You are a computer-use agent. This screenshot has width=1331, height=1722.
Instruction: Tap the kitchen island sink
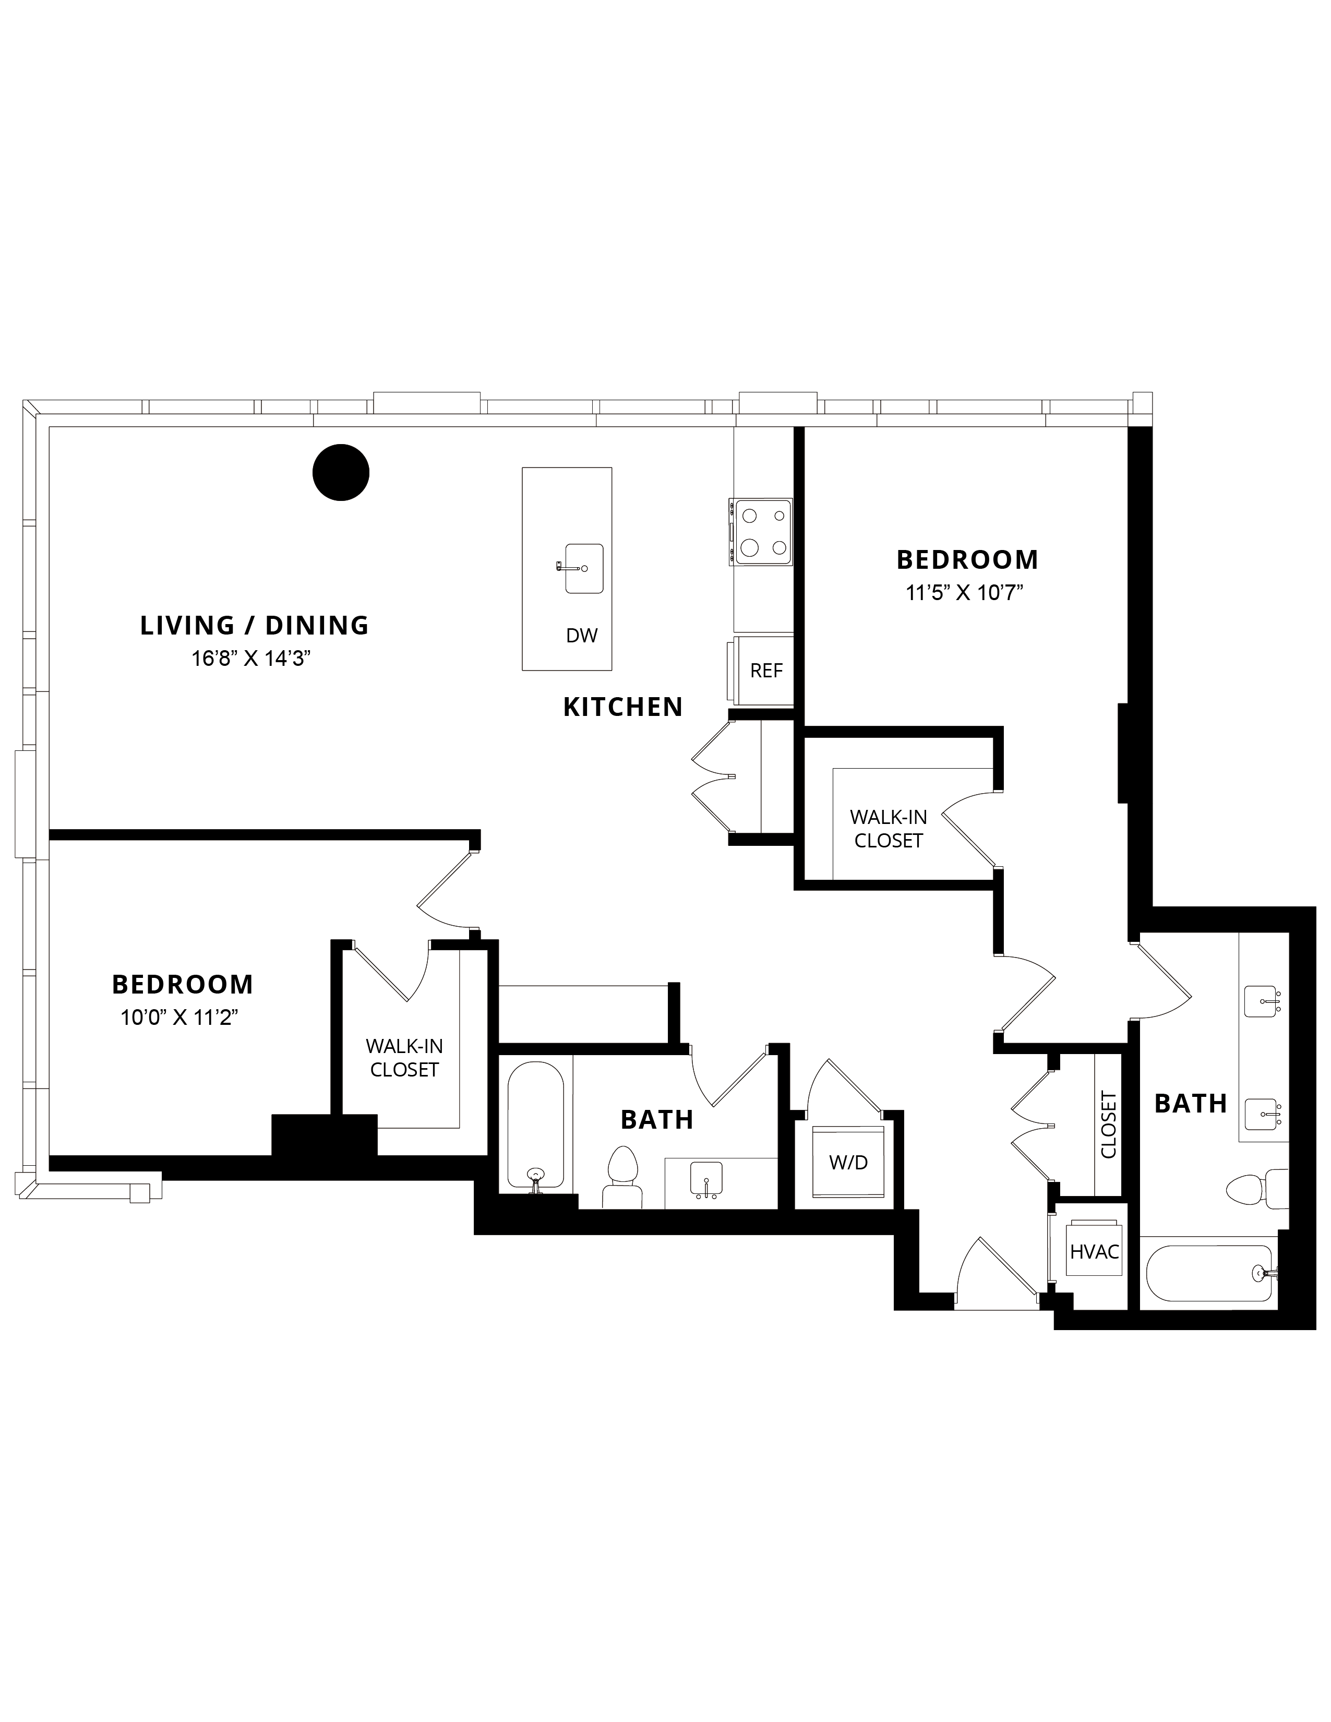coord(583,568)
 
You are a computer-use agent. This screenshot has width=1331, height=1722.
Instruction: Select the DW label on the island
coord(582,636)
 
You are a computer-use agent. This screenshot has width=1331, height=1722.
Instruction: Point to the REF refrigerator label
coord(766,671)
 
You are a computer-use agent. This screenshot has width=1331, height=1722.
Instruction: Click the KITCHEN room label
coord(623,707)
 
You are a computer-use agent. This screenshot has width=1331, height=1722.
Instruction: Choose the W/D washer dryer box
coord(848,1162)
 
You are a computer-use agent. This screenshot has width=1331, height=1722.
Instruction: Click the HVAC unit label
coord(1095,1251)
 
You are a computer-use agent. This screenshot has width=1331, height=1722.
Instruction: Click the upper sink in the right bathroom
coord(1262,1001)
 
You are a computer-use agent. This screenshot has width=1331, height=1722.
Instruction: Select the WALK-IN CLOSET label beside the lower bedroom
coord(404,1058)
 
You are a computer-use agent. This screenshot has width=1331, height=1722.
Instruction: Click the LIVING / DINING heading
coord(255,625)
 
